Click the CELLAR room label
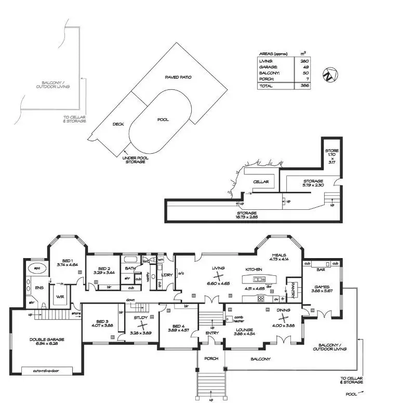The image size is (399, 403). [260, 182]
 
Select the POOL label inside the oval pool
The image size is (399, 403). [163, 119]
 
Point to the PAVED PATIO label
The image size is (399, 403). [178, 77]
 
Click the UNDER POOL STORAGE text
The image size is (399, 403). [134, 159]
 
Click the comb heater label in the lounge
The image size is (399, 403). [239, 319]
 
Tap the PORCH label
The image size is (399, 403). [211, 359]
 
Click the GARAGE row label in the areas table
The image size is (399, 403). [269, 67]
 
